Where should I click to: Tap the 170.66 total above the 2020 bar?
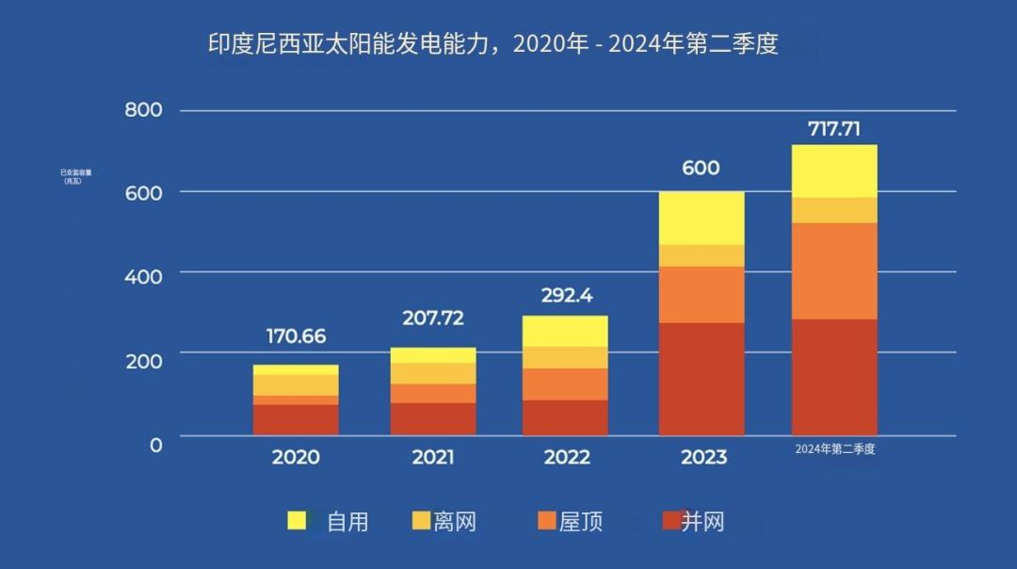pyautogui.click(x=296, y=336)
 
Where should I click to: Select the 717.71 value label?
pyautogui.click(x=834, y=129)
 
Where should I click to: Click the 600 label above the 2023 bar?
pyautogui.click(x=700, y=169)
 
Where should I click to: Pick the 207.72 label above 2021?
pyautogui.click(x=432, y=318)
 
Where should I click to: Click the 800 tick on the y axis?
pyautogui.click(x=144, y=110)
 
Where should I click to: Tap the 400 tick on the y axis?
pyautogui.click(x=144, y=276)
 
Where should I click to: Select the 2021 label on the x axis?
pyautogui.click(x=432, y=458)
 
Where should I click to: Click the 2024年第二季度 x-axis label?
pyautogui.click(x=835, y=449)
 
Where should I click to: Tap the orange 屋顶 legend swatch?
pyautogui.click(x=547, y=521)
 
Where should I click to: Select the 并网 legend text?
pyautogui.click(x=702, y=521)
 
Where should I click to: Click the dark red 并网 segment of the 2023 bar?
pyautogui.click(x=702, y=379)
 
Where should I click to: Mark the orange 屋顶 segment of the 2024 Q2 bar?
pyautogui.click(x=834, y=271)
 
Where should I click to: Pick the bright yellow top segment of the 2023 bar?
pyautogui.click(x=702, y=218)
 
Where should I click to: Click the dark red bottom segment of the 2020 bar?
pyautogui.click(x=296, y=420)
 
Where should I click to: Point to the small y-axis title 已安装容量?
pyautogui.click(x=75, y=173)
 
